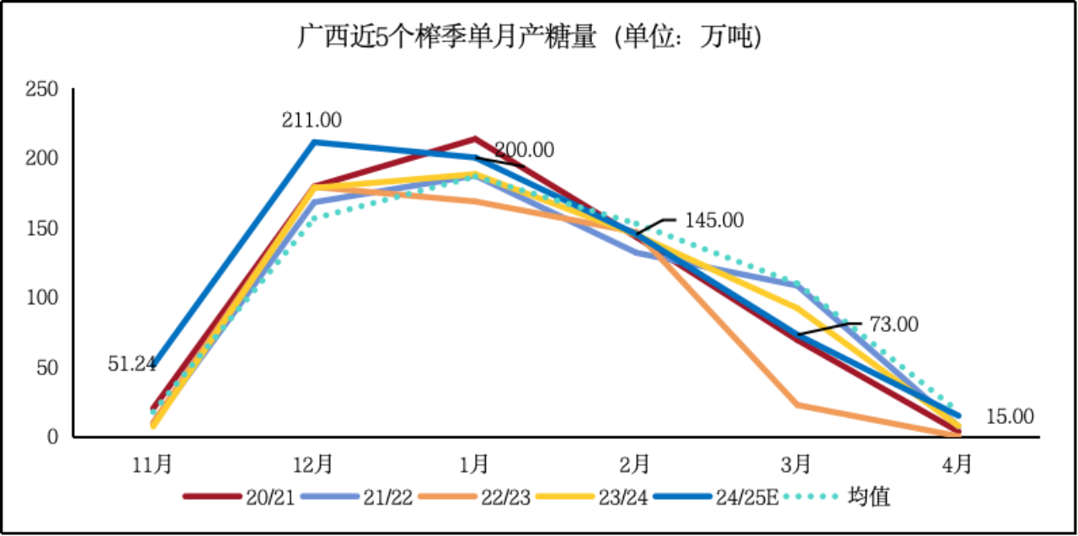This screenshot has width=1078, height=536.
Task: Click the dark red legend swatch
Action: click(x=212, y=496)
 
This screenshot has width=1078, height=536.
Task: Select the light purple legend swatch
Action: click(x=330, y=496)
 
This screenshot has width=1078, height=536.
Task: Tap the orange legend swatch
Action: click(x=447, y=496)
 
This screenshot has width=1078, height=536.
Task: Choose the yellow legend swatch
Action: click(x=565, y=496)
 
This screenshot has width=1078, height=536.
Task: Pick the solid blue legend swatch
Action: click(x=682, y=496)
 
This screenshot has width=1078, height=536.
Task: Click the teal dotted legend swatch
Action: click(x=810, y=496)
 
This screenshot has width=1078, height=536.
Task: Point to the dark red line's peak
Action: click(x=475, y=137)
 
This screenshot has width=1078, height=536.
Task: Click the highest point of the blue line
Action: click(x=314, y=142)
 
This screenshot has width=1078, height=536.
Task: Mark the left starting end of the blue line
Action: click(x=154, y=363)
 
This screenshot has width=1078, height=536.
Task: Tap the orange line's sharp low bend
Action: click(x=797, y=405)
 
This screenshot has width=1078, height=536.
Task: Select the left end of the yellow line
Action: click(x=153, y=425)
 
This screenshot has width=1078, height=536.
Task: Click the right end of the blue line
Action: click(x=958, y=415)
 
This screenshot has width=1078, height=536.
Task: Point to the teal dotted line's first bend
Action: click(x=314, y=218)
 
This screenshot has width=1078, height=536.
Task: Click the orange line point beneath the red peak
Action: click(x=475, y=201)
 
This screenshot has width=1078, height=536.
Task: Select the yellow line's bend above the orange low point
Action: click(x=797, y=307)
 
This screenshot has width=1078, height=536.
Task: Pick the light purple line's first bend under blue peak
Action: click(x=315, y=202)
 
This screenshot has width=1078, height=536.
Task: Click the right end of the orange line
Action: click(x=958, y=433)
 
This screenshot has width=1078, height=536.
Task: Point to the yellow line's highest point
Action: click(x=476, y=173)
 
